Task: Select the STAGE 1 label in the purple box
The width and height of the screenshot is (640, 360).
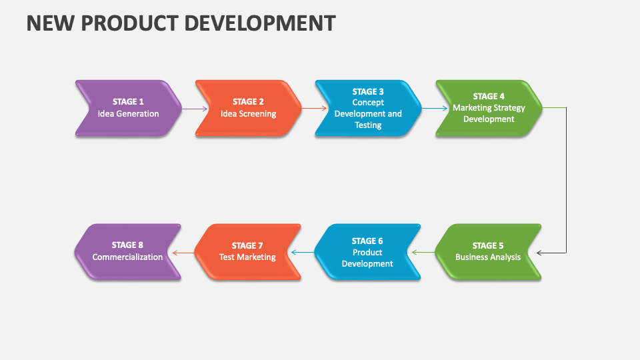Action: pyautogui.click(x=128, y=101)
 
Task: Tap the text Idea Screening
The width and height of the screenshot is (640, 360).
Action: pyautogui.click(x=248, y=114)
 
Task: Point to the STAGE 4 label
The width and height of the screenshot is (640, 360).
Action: pyautogui.click(x=489, y=96)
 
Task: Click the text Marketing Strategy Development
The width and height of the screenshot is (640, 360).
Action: pyautogui.click(x=489, y=113)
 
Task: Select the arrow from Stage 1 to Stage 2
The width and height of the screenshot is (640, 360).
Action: pyautogui.click(x=195, y=109)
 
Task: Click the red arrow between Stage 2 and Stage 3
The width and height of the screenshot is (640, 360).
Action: pyautogui.click(x=315, y=109)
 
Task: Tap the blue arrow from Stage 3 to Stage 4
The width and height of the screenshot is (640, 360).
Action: pyautogui.click(x=435, y=109)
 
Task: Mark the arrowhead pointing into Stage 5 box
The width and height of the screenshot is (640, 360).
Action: pyautogui.click(x=539, y=253)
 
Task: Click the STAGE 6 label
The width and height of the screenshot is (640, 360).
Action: pyautogui.click(x=367, y=241)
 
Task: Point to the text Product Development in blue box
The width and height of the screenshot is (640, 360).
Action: pyautogui.click(x=367, y=258)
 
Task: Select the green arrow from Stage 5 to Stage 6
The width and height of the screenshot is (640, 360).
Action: pyautogui.click(x=423, y=253)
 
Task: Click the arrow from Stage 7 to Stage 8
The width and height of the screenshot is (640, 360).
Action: pyautogui.click(x=183, y=253)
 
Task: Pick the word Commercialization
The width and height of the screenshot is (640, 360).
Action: pyautogui.click(x=127, y=257)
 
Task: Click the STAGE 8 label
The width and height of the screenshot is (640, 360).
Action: pyautogui.click(x=127, y=245)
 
